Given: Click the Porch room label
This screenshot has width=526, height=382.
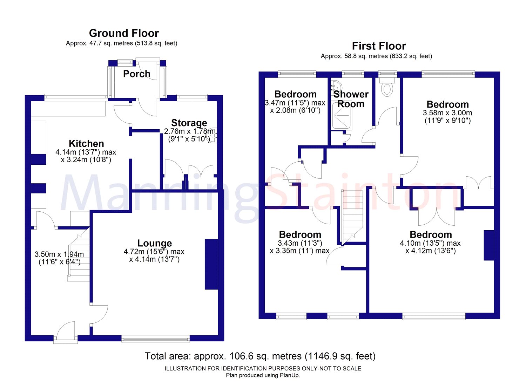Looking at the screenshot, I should click(136, 74).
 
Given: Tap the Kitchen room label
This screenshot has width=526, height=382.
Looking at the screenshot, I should click(86, 143).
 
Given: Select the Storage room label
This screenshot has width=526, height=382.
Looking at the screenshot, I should click(189, 123).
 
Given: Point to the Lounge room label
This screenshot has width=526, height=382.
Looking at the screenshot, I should click(154, 243).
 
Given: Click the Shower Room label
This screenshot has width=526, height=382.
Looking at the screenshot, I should click(351, 99).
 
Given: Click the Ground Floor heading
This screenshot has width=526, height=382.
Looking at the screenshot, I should click(124, 33).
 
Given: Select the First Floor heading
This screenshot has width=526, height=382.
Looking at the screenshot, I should click(379, 46).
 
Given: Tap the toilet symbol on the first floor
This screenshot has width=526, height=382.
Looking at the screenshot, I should click(387, 88).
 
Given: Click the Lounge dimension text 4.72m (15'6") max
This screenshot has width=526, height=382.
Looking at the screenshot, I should click(154, 252).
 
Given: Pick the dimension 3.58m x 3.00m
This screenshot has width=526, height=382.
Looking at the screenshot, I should click(447, 113).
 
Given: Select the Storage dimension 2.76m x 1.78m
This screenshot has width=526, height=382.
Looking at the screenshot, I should click(189, 131).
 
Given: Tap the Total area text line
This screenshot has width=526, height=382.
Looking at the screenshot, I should click(260, 356).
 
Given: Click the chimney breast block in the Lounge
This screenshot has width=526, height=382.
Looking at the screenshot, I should click(211, 264).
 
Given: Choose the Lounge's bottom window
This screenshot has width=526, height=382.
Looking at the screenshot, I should click(156, 339).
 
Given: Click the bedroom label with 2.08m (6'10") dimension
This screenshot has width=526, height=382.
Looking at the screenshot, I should click(295, 94).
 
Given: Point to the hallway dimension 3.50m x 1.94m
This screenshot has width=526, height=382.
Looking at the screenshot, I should click(59, 254).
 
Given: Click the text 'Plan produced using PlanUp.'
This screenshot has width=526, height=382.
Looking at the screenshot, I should click(263, 375).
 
